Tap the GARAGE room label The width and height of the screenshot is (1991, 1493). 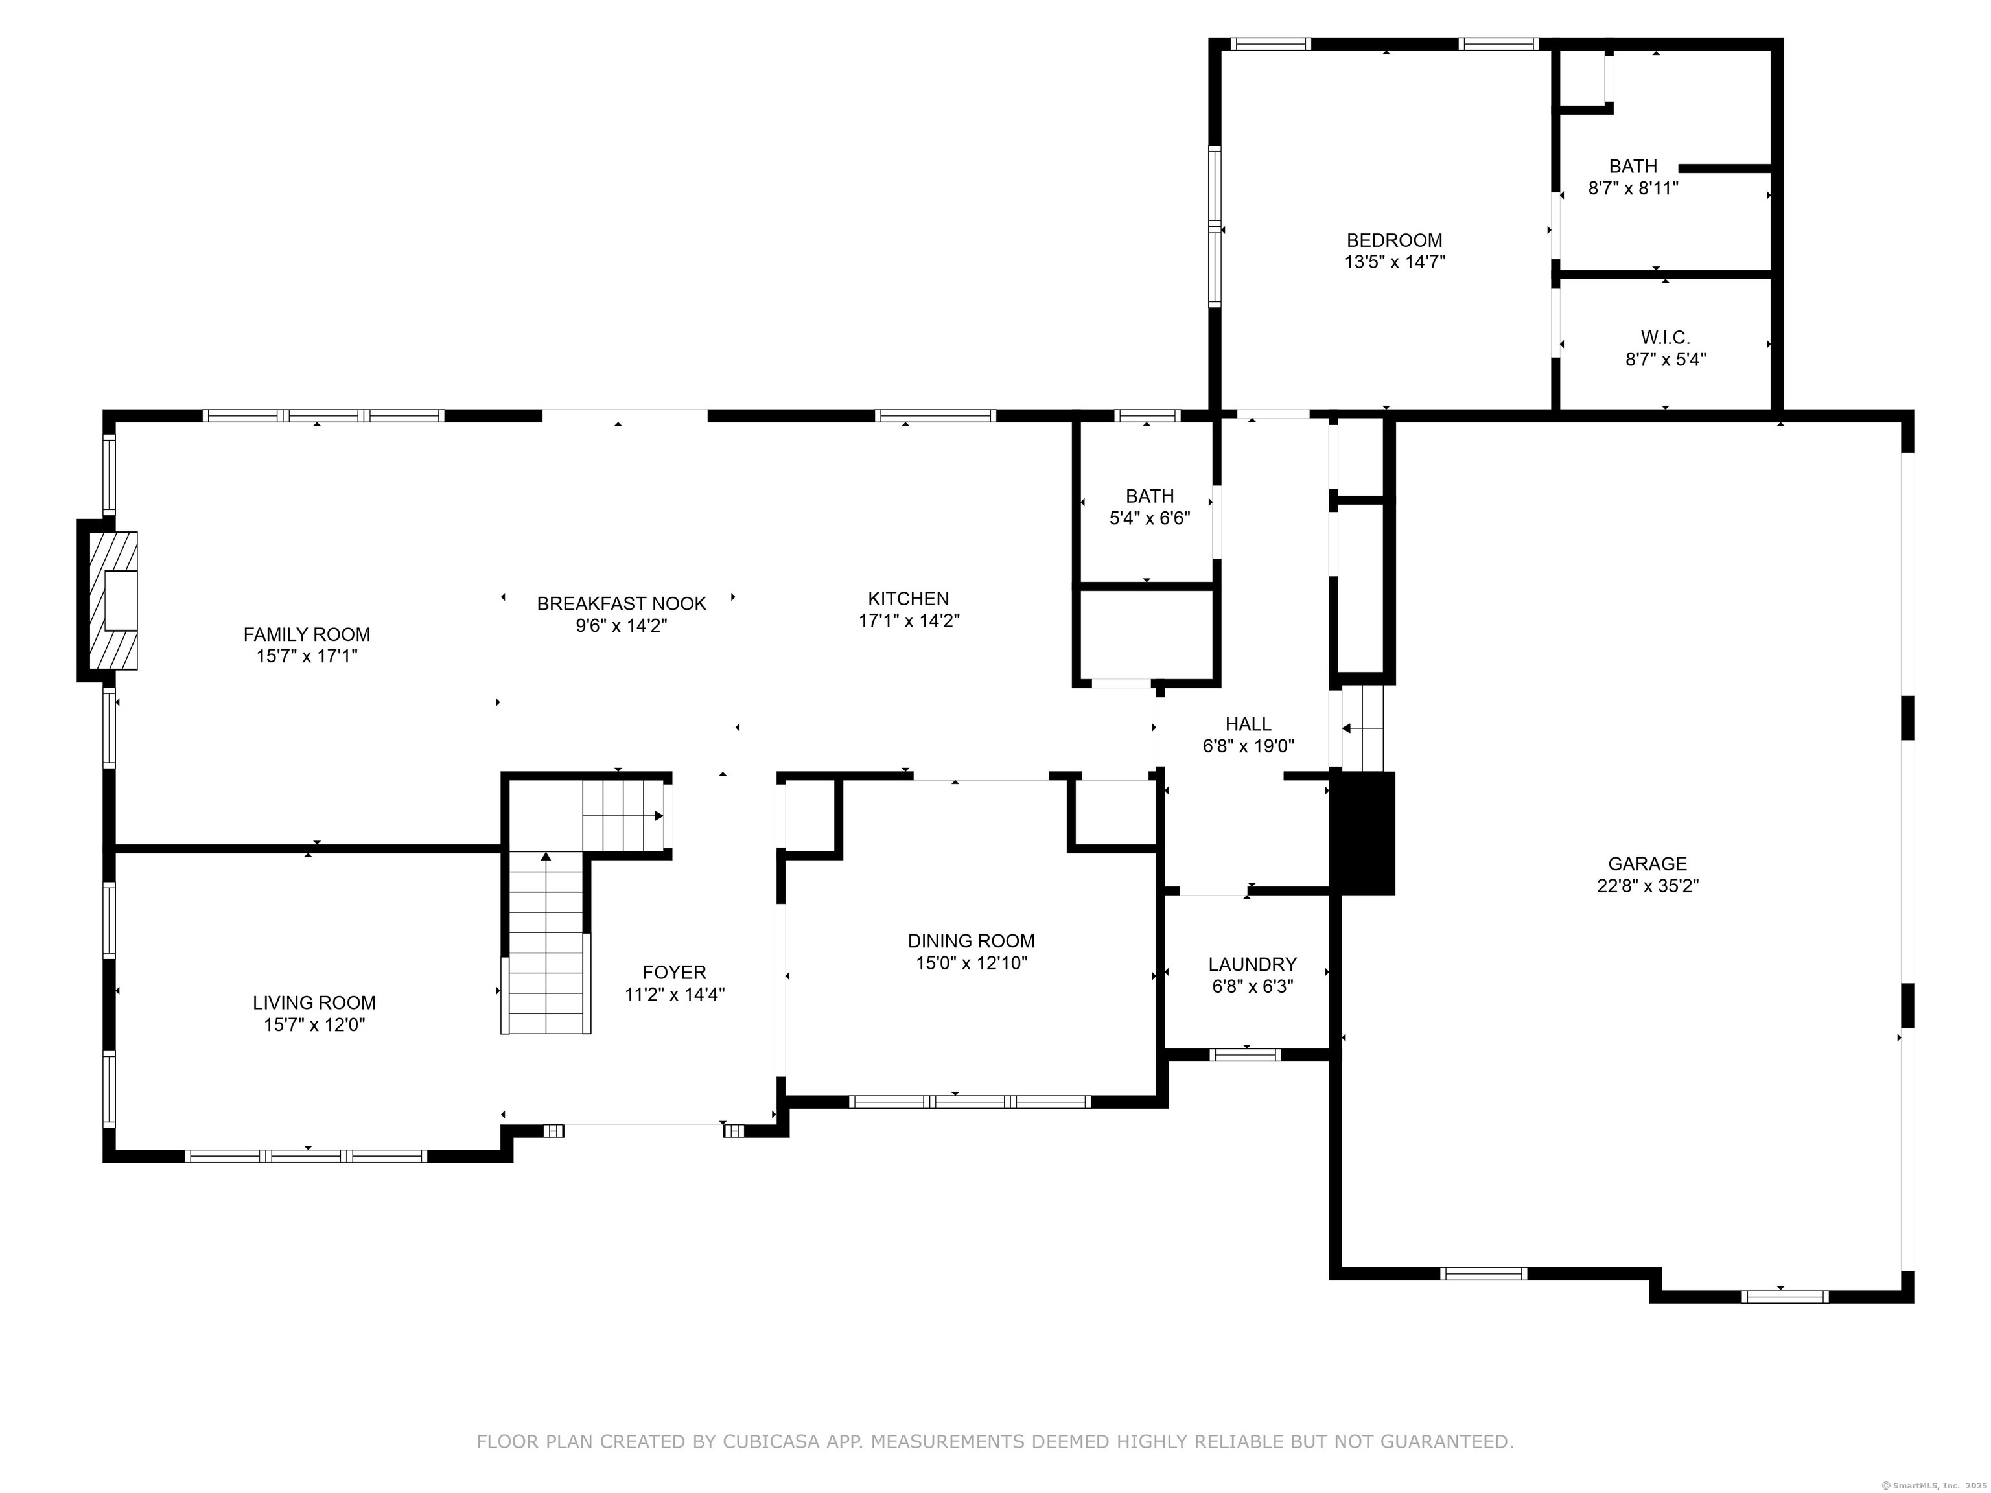tap(1647, 864)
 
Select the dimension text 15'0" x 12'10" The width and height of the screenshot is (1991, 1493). tap(972, 963)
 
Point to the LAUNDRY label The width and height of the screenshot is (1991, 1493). tap(1252, 965)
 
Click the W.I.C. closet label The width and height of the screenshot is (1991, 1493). tap(1665, 338)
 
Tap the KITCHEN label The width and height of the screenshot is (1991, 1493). tap(908, 599)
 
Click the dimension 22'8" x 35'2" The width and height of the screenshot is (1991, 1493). tap(1647, 886)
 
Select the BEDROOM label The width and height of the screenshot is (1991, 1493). tap(1394, 240)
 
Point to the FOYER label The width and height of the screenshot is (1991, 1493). tap(674, 972)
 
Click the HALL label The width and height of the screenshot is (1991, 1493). tap(1248, 724)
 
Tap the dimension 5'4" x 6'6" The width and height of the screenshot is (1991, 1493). tap(1149, 518)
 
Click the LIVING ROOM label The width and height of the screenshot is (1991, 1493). tap(314, 1002)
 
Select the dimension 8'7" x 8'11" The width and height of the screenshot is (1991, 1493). tap(1633, 188)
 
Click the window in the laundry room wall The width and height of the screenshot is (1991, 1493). tap(1245, 1055)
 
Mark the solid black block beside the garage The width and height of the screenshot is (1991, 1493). tap(1363, 833)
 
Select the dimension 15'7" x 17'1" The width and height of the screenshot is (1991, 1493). tap(307, 656)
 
